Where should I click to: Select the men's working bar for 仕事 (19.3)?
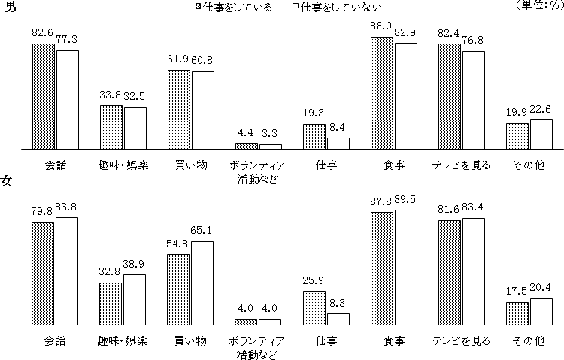[x=314, y=136]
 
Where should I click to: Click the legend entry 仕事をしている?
[x=232, y=8]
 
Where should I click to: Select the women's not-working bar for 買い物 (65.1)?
[x=202, y=283]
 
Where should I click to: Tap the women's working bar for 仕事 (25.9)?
[x=314, y=307]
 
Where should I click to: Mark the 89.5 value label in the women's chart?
[x=406, y=198]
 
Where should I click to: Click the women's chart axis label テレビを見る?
[x=462, y=340]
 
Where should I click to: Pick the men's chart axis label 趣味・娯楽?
[x=123, y=165]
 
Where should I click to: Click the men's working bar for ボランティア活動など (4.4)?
[x=246, y=145]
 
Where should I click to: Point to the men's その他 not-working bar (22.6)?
[x=541, y=134]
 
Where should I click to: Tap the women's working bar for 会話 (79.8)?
[x=43, y=274]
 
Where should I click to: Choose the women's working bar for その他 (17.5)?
[x=517, y=313]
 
